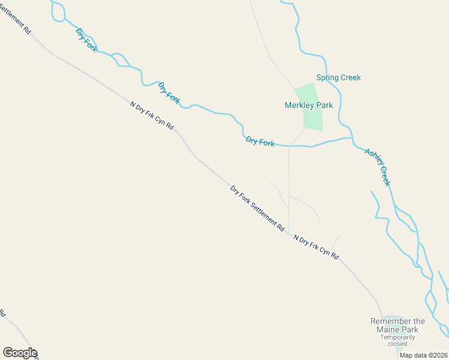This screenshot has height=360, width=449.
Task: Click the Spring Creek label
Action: [x=339, y=77]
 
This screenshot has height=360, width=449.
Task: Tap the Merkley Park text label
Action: [x=309, y=105]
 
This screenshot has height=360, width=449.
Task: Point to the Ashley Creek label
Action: [x=378, y=167]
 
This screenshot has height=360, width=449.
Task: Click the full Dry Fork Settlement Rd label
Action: [x=257, y=209]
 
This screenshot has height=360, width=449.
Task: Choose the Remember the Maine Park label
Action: [x=397, y=325]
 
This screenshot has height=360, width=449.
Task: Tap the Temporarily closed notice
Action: [x=397, y=341]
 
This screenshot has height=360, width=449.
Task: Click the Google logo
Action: [x=20, y=353]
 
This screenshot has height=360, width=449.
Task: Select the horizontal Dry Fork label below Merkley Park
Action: [x=260, y=142]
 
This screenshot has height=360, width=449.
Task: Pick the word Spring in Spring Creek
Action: [x=328, y=77]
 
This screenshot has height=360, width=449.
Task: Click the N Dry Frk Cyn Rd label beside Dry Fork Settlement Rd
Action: [x=316, y=247]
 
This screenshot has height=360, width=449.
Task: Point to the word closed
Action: [x=397, y=344]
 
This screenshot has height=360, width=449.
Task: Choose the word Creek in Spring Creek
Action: [x=351, y=77]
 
